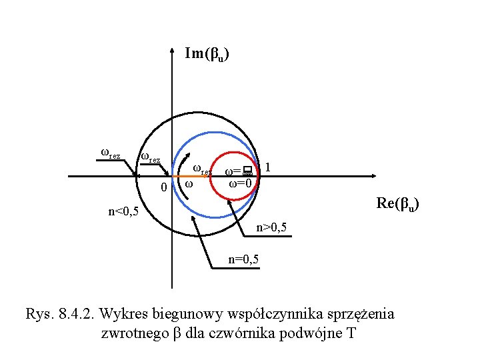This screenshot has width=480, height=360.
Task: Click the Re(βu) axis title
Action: pyautogui.click(x=397, y=204)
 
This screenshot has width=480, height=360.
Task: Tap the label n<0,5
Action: pyautogui.click(x=123, y=213)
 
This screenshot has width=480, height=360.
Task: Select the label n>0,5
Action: pyautogui.click(x=272, y=229)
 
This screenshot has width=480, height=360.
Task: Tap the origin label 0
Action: pyautogui.click(x=165, y=188)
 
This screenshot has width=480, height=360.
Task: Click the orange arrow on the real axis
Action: pyautogui.click(x=193, y=177)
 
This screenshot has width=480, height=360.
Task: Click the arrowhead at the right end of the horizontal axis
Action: pyautogui.click(x=371, y=177)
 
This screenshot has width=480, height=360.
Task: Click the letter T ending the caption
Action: pyautogui.click(x=351, y=333)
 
